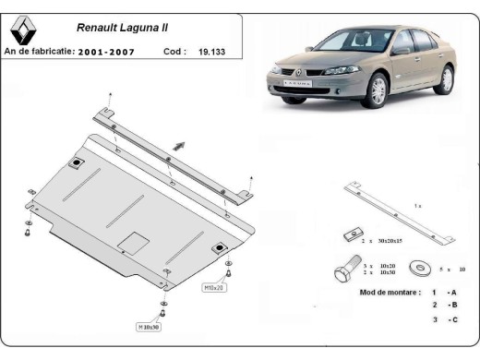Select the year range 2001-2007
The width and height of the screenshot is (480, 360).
[105, 53]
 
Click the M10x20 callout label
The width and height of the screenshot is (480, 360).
[213, 287]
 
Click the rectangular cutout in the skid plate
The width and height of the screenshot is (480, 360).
[135, 243]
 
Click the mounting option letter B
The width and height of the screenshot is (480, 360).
[452, 305]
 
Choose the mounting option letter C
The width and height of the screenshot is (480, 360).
[452, 319]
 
